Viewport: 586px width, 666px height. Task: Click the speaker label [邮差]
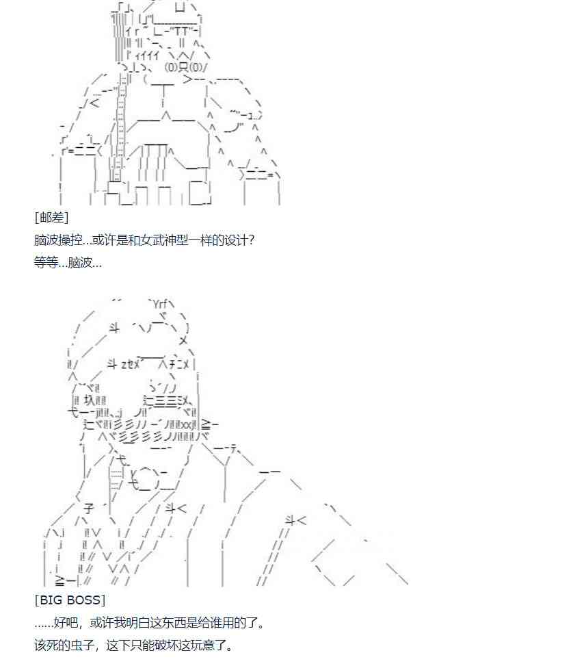(51, 218)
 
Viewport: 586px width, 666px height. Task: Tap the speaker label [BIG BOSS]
(70, 600)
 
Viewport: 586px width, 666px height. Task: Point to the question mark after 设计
(251, 240)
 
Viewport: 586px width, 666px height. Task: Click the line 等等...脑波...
(68, 262)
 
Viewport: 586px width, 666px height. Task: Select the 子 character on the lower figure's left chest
(88, 508)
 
